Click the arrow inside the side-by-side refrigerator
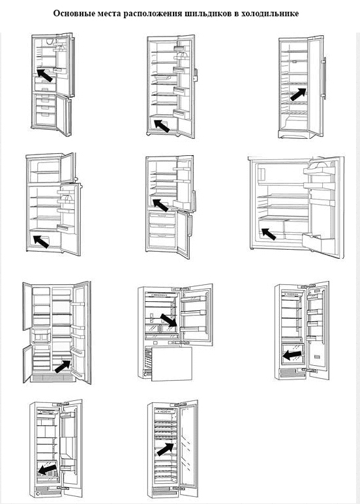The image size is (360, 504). point(63,366)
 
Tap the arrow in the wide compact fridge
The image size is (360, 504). point(269,233)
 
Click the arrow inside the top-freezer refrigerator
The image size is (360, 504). point(41,241)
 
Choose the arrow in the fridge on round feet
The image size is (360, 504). point(162,125)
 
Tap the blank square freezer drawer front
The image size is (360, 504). point(172,364)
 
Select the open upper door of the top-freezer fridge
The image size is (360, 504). point(68,168)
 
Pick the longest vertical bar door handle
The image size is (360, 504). point(325,78)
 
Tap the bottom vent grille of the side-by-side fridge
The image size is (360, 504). point(53,378)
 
